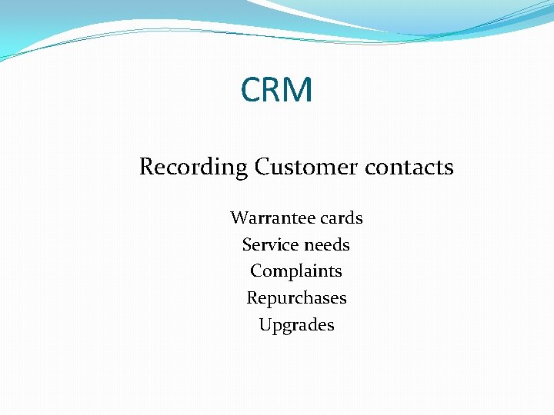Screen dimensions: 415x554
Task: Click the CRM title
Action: point(277,90)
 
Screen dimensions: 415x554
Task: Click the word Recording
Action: point(193,167)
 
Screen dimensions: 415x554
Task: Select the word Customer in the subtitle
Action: point(296,167)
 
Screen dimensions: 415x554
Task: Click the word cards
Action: point(341,218)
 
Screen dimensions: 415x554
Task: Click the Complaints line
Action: point(296,271)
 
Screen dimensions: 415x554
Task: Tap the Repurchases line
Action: point(296,298)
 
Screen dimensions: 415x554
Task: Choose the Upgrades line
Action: point(296,325)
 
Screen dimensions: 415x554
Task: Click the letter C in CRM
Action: point(252,90)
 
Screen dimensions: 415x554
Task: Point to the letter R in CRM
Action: point(273,90)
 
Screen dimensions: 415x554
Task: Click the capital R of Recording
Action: point(147,167)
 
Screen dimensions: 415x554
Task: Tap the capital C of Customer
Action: point(262,167)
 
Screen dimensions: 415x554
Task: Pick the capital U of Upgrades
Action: point(265,324)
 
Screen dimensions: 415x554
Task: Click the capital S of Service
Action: point(247,245)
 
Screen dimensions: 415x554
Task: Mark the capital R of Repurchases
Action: point(252,298)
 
